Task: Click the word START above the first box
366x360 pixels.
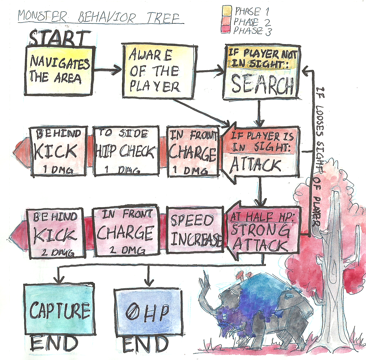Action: (x=59, y=38)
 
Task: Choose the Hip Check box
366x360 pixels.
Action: (x=127, y=150)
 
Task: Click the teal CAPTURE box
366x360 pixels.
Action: (x=59, y=309)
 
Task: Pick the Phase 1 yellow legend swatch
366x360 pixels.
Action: (x=227, y=11)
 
